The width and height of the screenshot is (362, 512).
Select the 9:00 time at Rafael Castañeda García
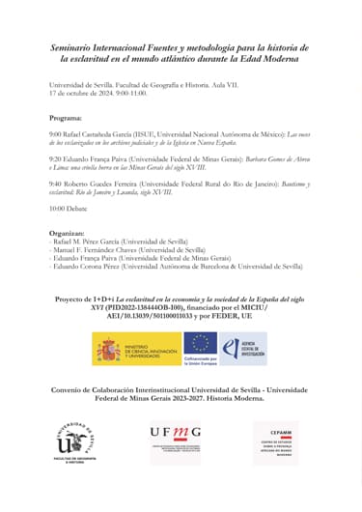[x=55, y=135]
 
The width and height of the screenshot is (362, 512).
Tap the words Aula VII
[x=228, y=87]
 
